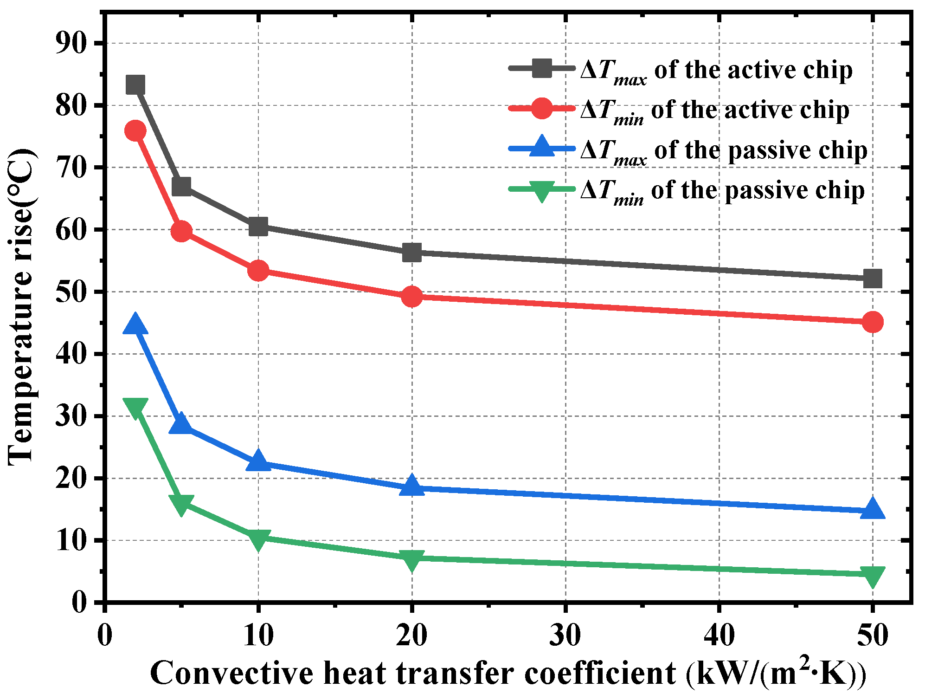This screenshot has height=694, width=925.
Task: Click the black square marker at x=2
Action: tap(135, 85)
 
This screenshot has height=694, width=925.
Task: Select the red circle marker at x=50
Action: tap(872, 322)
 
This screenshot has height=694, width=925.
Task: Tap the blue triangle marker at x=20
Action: tap(411, 486)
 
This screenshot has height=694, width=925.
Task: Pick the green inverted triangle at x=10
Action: tap(258, 539)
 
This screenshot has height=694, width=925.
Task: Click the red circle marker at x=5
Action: tap(181, 231)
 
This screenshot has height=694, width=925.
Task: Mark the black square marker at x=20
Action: tap(411, 253)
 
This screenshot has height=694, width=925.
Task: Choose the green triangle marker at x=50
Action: tap(872, 576)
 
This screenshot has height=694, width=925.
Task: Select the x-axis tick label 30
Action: tap(565, 635)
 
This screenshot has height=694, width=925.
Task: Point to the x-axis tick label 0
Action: tap(105, 635)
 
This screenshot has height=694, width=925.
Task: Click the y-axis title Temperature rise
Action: tap(21, 306)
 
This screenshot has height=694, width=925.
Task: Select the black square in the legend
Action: tap(541, 68)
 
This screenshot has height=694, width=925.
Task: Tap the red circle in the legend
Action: tap(541, 108)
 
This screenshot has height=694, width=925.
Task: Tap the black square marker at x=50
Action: tap(872, 279)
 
